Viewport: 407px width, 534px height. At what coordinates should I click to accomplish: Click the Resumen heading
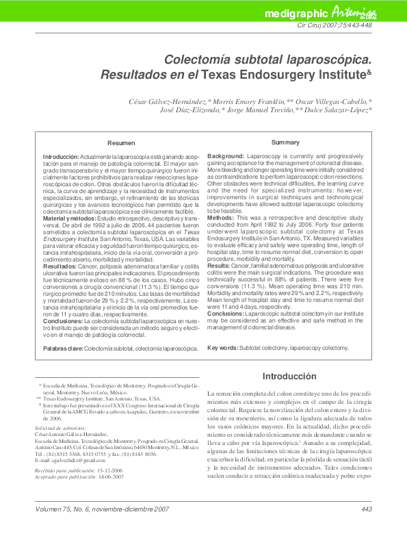click(x=122, y=143)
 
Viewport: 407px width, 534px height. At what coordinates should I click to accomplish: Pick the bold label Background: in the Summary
click(x=226, y=157)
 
